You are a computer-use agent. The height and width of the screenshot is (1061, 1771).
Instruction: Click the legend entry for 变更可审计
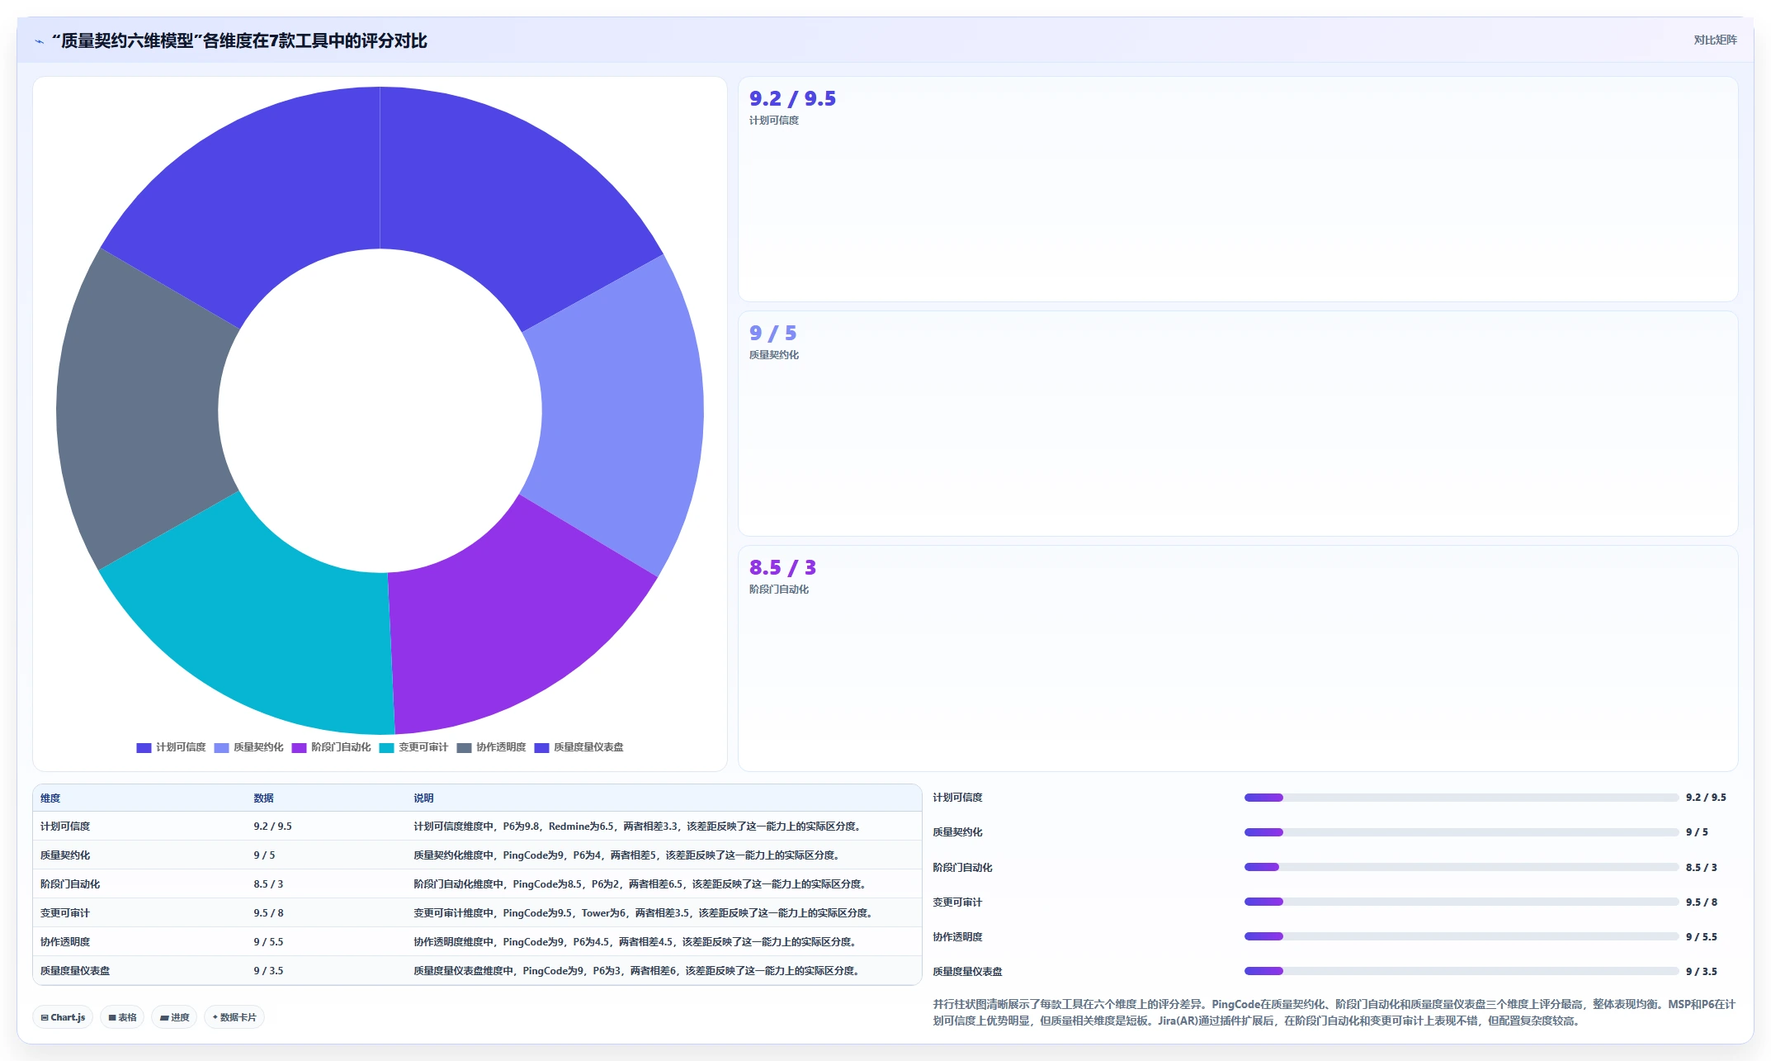tap(414, 747)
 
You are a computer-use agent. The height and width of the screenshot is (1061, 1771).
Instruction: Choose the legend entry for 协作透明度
tap(492, 747)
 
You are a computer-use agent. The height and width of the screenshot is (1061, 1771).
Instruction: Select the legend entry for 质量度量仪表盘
tap(579, 747)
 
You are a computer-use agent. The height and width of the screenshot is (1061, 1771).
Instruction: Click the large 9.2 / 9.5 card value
tap(792, 99)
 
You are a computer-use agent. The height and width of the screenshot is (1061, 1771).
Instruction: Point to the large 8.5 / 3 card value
tap(782, 568)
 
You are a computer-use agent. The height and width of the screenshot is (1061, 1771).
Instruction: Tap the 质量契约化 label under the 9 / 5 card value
tap(774, 355)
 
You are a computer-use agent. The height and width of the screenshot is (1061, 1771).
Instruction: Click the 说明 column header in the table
tap(423, 798)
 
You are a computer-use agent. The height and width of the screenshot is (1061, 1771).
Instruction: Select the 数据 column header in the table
tap(263, 798)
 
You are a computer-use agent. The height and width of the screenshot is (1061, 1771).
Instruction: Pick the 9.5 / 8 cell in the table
tap(268, 913)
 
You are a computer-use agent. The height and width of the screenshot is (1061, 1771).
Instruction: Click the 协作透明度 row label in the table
tap(65, 942)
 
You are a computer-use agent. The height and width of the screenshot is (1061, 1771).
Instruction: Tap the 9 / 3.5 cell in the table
tap(268, 971)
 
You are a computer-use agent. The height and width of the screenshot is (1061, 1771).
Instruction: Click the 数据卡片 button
tap(234, 1017)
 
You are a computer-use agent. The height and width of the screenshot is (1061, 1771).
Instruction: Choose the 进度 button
tap(175, 1017)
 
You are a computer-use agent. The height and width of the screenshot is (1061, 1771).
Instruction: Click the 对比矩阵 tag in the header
tap(1715, 40)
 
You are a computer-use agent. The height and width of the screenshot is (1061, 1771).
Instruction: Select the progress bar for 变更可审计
tap(1461, 902)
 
